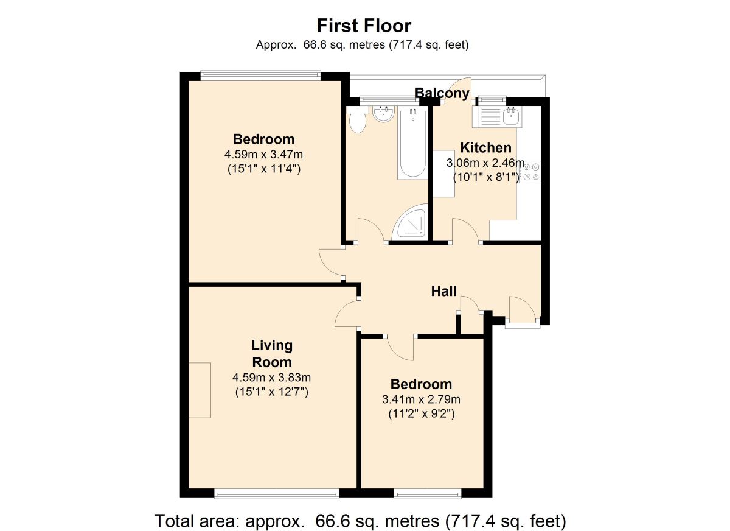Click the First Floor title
364,26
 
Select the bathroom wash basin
383,114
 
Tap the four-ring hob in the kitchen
529,172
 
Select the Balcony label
442,93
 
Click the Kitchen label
485,147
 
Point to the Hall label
443,292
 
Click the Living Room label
272,353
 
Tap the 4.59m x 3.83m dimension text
272,378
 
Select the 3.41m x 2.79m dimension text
421,399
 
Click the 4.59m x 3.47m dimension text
263,155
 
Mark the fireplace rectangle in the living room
200,390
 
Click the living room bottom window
276,493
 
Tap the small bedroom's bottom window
427,493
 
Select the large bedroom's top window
260,76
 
